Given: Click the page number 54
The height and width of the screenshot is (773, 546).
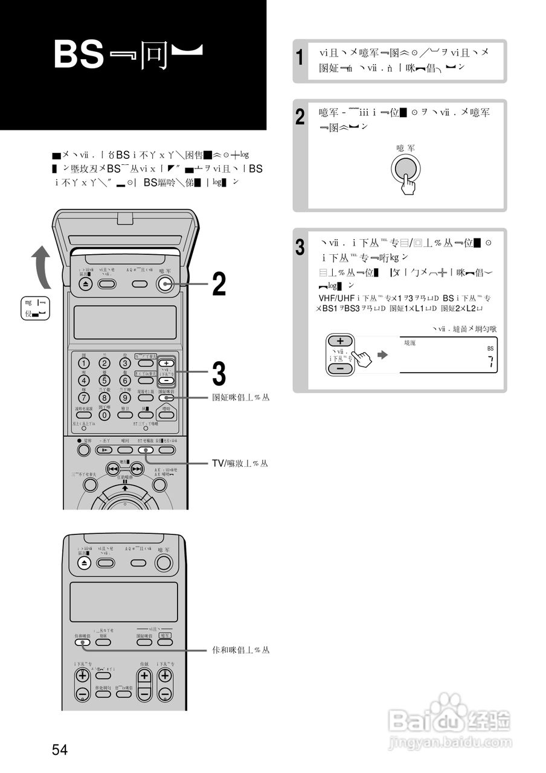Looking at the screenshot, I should [60, 750].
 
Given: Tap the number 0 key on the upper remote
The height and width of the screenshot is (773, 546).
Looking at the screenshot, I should [104, 415].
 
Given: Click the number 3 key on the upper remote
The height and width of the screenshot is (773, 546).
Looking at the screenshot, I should [124, 363].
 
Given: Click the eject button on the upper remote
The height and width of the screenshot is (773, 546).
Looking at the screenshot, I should [85, 284].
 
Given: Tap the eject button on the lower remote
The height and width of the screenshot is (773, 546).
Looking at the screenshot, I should [85, 563].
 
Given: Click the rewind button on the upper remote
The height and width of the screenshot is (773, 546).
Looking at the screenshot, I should [112, 469].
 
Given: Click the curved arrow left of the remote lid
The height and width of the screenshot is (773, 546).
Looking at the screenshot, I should [40, 265].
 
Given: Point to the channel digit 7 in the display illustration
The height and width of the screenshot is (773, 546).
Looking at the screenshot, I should [490, 362].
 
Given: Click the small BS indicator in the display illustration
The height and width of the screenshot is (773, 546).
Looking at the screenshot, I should [490, 348].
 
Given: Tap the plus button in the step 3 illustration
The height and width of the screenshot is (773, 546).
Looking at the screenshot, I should [340, 341].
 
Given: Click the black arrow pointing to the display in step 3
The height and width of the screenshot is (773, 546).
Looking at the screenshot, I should [382, 355].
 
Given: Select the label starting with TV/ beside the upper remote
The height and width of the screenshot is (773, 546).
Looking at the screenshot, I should [240, 463].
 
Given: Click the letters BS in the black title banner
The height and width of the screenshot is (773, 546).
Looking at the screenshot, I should [79, 55].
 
